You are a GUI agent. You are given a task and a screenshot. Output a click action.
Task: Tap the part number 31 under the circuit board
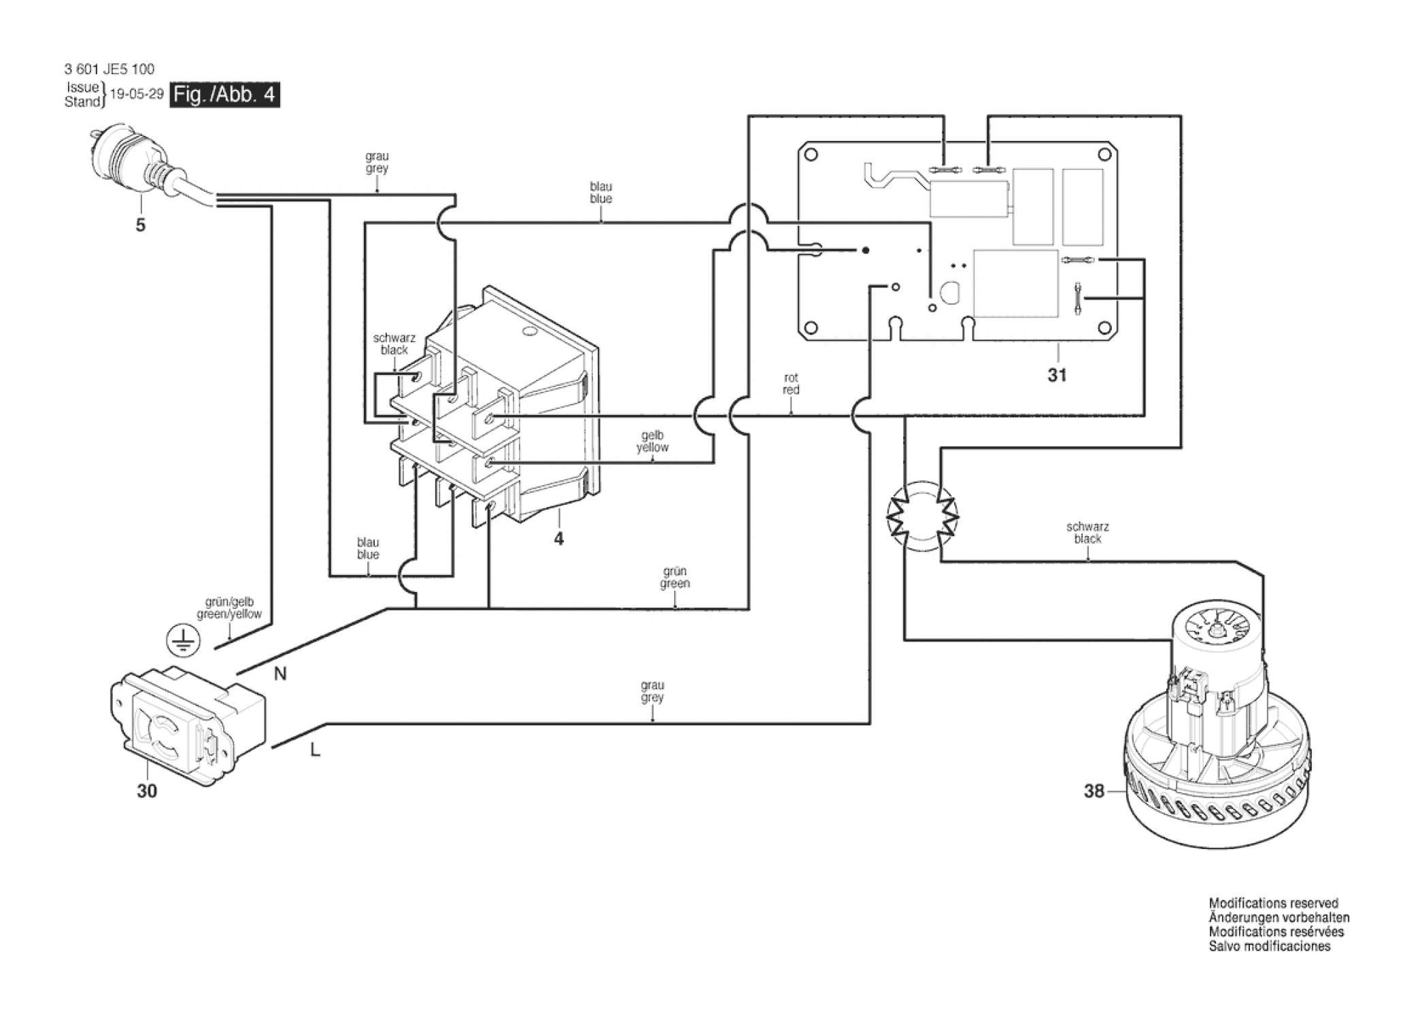point(1057,375)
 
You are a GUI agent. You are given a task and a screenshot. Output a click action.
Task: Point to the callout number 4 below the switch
point(558,539)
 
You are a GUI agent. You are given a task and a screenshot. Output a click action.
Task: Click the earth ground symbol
point(183,642)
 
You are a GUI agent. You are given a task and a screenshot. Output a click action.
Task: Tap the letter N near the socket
point(280,674)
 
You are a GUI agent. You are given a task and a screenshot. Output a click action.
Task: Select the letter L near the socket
point(315,750)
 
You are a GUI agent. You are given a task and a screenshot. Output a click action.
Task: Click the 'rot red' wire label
point(791,384)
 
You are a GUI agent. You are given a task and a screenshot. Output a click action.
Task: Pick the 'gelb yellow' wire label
point(652,442)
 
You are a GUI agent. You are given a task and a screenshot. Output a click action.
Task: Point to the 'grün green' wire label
point(675,577)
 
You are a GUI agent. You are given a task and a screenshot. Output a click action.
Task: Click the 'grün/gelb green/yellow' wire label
point(229,608)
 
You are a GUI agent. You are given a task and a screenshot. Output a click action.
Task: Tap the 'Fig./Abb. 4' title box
point(224,95)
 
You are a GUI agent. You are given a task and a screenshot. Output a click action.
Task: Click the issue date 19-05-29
point(137,94)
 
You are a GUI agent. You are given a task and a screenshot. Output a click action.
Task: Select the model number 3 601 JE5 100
point(109,69)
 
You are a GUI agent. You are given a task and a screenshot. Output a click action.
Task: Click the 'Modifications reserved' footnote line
point(1274,904)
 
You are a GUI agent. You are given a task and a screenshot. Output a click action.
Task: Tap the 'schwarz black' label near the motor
point(1087,533)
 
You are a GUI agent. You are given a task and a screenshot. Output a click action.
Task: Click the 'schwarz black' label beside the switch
point(394,344)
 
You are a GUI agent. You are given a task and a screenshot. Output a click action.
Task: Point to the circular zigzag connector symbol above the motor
point(922,516)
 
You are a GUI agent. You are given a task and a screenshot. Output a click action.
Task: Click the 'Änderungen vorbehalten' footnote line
point(1279,918)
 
